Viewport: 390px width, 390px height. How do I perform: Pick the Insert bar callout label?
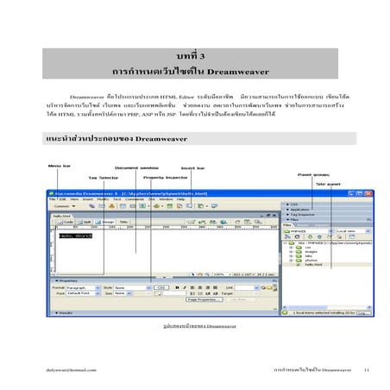point(193,167)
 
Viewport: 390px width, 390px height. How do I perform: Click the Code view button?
point(67,222)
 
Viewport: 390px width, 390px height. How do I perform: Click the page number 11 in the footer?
point(366,368)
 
